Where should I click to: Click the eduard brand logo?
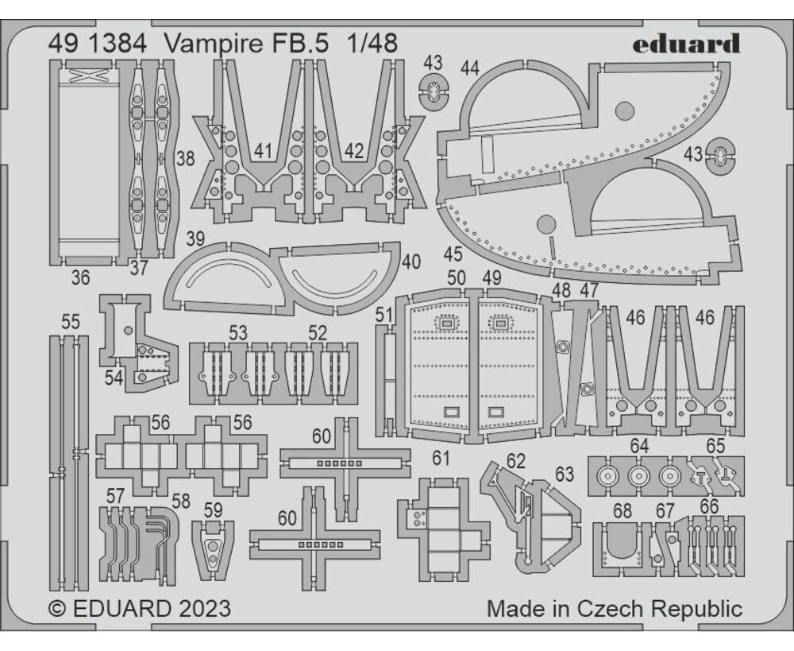pos(686,44)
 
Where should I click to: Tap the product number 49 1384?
pos(98,44)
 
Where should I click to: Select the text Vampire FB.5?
pos(246,44)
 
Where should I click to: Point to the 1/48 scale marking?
pos(372,44)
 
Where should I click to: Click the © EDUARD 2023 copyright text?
pos(140,608)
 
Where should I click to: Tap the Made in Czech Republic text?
pos(615,608)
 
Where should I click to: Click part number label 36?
pos(80,277)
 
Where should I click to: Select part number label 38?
pos(185,159)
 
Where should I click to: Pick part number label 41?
pos(264,151)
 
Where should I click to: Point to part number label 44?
pos(469,68)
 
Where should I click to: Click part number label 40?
pos(410,262)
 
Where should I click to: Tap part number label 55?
pos(71,322)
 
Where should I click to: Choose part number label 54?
pos(114,378)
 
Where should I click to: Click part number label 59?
pos(213,510)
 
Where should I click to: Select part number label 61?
pos(441,458)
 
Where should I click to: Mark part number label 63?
pos(564,474)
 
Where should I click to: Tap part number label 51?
pos(384,315)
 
